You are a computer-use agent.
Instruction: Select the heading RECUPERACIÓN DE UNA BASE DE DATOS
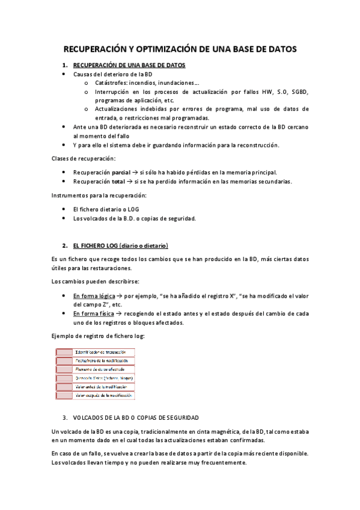(129, 65)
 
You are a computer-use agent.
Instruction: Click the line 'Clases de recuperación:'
(83, 159)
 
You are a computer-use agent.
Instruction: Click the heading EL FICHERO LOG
(120, 245)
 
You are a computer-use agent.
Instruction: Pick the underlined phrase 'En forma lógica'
(94, 296)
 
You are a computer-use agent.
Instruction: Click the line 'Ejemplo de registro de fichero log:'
(98, 336)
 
